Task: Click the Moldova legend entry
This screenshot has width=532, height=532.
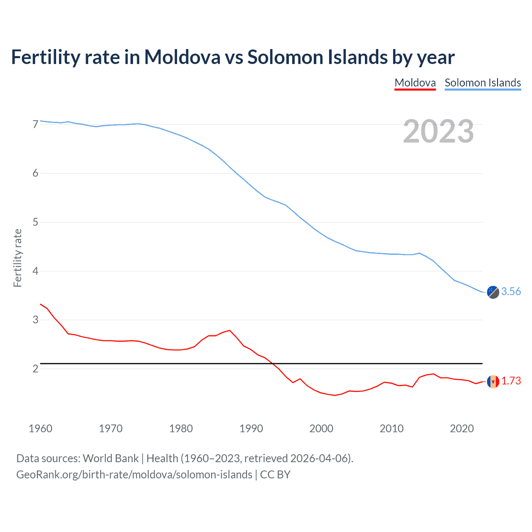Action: [x=415, y=83]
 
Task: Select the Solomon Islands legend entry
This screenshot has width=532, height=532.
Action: [x=483, y=83]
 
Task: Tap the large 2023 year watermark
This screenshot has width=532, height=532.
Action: [x=438, y=131]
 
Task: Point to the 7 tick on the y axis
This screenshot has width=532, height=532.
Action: [x=35, y=124]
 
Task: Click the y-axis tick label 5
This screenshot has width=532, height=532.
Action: [x=35, y=222]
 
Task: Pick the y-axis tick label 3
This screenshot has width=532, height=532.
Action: [x=35, y=320]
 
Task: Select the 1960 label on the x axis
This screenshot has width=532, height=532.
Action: [x=40, y=429]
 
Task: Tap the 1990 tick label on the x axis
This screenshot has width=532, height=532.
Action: [x=251, y=429]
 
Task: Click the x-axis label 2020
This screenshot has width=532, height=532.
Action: [x=462, y=429]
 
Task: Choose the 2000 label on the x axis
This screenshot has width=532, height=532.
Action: [x=321, y=429]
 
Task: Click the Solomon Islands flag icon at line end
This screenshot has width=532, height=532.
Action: [x=493, y=292]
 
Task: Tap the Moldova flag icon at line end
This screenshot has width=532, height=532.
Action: [x=493, y=382]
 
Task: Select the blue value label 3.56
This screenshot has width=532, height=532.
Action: [x=511, y=292]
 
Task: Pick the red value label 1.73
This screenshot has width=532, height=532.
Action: [x=511, y=381]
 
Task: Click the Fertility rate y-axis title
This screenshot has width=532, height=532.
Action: [x=17, y=258]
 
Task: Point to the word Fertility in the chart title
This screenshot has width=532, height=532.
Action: [x=45, y=57]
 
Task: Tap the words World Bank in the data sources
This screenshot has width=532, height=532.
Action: [x=111, y=458]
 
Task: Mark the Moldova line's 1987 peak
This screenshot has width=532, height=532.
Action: [x=230, y=330]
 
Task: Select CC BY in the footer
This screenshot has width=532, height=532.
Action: [x=275, y=475]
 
